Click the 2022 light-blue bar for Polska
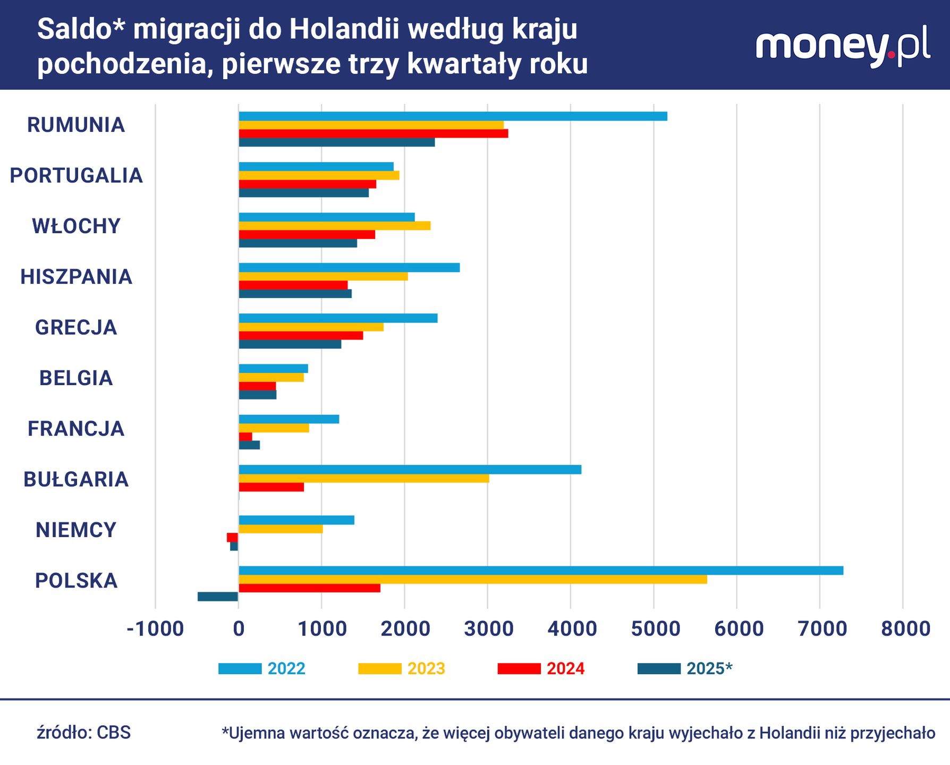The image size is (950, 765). [541, 571]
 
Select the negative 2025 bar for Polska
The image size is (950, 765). [218, 597]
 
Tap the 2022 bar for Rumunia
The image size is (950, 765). [453, 116]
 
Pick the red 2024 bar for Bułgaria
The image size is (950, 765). [271, 487]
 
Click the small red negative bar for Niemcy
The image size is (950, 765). [232, 538]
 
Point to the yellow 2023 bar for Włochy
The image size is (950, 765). [335, 226]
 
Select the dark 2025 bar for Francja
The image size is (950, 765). [249, 445]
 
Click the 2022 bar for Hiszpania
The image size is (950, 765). [349, 268]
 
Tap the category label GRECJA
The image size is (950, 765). [76, 327]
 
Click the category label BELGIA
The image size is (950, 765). [76, 378]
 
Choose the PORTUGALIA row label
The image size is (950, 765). [76, 176]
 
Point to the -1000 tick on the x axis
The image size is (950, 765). [155, 629]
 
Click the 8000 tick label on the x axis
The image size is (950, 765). [905, 629]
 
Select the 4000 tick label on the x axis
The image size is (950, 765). [572, 629]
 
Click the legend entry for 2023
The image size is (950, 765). [403, 668]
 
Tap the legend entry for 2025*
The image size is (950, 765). [685, 668]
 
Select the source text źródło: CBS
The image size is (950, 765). [84, 733]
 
